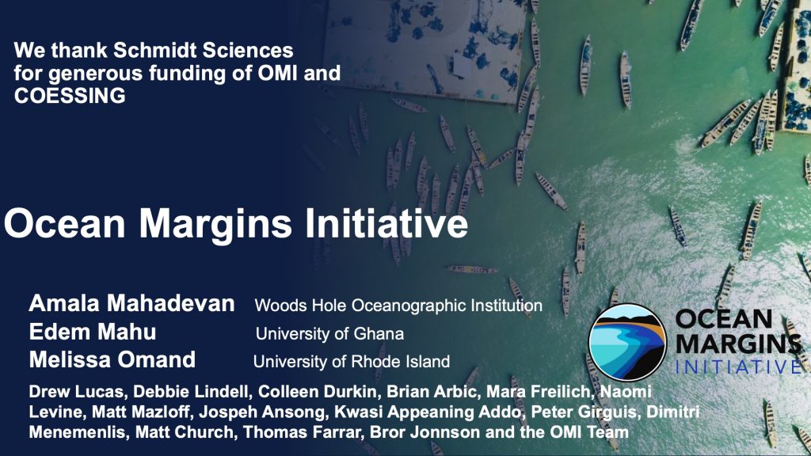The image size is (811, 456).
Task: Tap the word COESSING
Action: click(x=70, y=96)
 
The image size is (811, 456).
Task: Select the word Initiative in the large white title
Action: click(x=386, y=222)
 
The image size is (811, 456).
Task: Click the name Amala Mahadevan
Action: click(x=132, y=303)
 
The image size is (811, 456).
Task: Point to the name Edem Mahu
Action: click(x=93, y=332)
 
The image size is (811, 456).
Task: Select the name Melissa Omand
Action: click(x=112, y=360)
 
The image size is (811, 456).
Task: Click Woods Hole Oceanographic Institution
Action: click(x=398, y=306)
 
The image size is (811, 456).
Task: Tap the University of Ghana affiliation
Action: click(x=329, y=333)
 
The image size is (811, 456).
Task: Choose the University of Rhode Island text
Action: click(x=351, y=361)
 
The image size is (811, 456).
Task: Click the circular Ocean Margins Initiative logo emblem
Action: click(x=628, y=342)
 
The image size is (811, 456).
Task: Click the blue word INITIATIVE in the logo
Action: click(x=739, y=367)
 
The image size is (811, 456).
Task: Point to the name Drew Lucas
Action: click(x=77, y=392)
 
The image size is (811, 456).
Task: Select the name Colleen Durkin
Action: click(x=318, y=392)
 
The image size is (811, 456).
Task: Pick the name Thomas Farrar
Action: click(x=301, y=432)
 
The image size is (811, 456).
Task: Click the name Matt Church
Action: click(x=185, y=432)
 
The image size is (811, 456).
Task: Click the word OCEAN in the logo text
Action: click(x=724, y=320)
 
